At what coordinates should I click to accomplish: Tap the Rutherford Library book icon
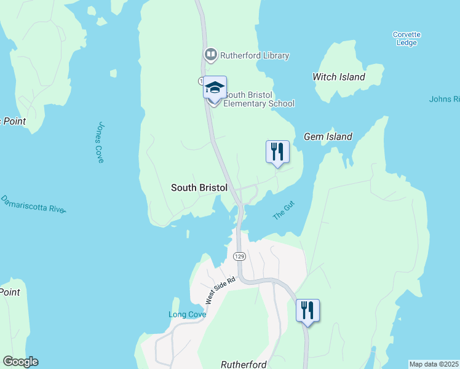click(210, 55)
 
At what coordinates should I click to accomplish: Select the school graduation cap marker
click(215, 87)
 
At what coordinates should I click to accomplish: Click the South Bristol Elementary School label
click(258, 99)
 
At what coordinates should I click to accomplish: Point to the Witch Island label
click(339, 77)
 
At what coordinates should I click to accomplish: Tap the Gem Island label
click(328, 137)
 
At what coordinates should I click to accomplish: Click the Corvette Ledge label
click(406, 39)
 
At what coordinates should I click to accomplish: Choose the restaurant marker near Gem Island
click(277, 151)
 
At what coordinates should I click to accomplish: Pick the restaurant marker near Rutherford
click(307, 310)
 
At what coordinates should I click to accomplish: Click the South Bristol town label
click(199, 188)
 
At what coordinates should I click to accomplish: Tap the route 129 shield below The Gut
click(239, 255)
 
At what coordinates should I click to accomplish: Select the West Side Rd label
click(221, 290)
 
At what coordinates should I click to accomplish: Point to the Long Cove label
click(187, 314)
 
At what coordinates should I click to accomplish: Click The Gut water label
click(284, 213)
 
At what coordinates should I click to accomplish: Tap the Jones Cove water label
click(100, 141)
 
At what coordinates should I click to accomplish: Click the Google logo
click(20, 362)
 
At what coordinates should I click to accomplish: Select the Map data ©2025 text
click(434, 364)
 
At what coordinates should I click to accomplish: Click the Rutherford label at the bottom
click(244, 365)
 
